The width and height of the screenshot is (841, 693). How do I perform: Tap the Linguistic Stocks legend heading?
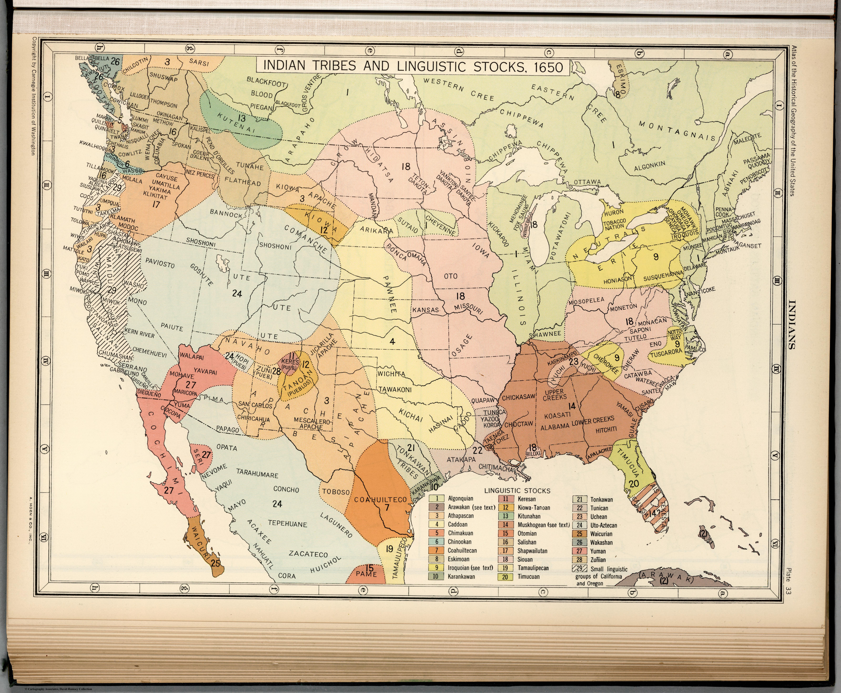coord(517,491)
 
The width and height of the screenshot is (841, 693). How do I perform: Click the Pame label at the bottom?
coord(366,574)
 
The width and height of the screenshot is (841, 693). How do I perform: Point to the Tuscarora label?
coord(666,353)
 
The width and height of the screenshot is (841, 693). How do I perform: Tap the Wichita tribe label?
coord(392,374)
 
